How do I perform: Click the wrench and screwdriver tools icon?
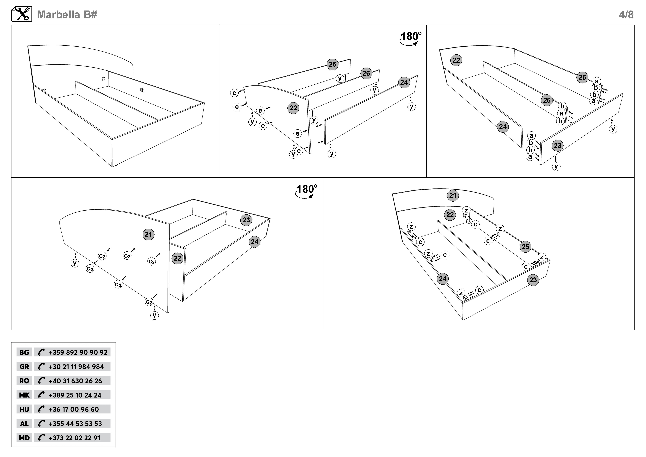[x=22, y=14]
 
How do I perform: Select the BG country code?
[x=24, y=352]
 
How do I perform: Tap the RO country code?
[x=24, y=381]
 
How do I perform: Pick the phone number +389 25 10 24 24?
[x=75, y=395]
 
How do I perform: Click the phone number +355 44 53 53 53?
[x=75, y=424]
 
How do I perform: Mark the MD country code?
[x=24, y=438]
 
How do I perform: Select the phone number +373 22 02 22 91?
[x=74, y=438]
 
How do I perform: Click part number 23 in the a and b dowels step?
[x=557, y=145]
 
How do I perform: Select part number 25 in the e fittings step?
[x=333, y=64]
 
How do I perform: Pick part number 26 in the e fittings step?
[x=366, y=73]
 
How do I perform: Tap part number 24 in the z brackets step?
[x=443, y=279]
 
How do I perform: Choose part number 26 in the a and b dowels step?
[x=547, y=100]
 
